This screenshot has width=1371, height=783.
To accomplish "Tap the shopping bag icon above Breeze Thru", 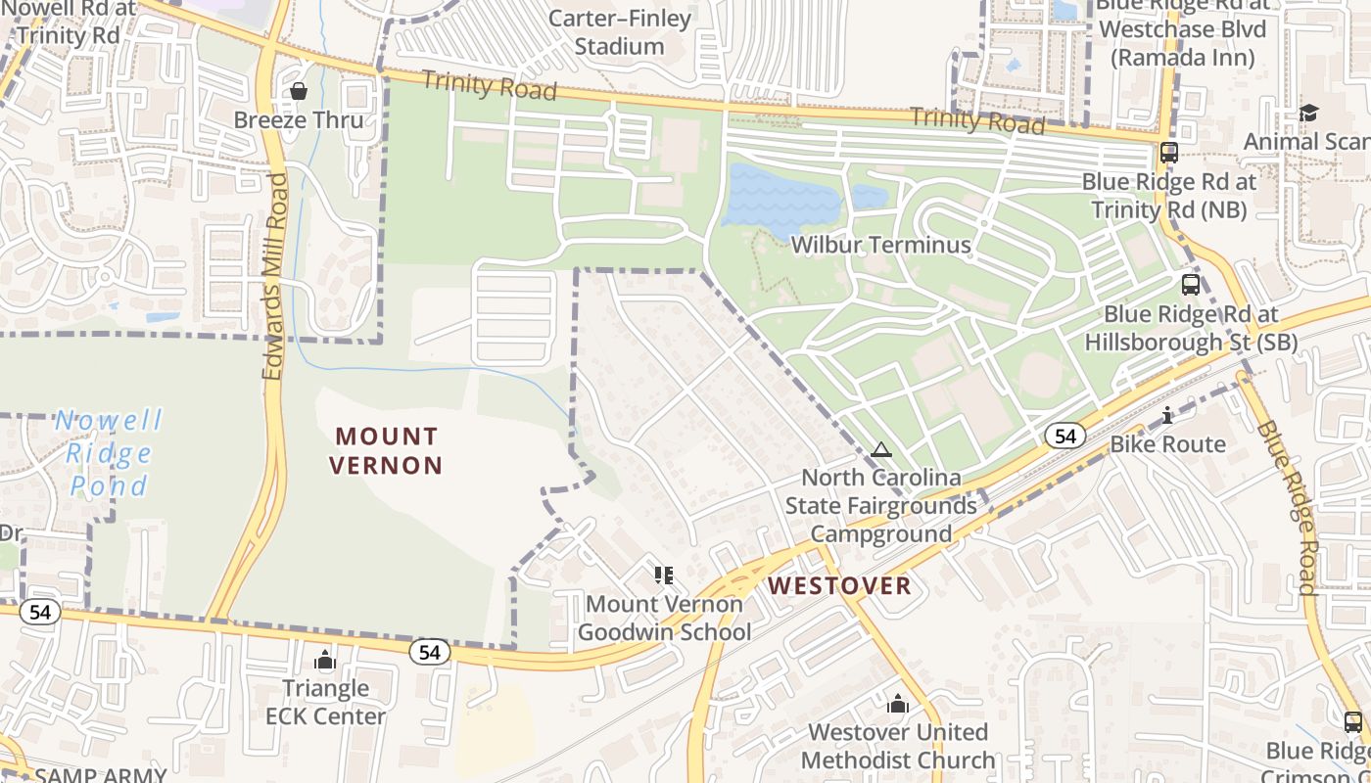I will coord(299,91).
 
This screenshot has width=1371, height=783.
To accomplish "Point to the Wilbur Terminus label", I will coord(880,245).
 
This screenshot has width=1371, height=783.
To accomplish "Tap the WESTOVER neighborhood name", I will coord(839,586).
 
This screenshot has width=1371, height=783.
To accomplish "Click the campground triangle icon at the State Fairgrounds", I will coord(880,450).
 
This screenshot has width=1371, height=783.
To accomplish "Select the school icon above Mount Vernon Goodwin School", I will coord(664,575).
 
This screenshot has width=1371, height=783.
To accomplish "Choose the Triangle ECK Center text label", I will coord(325,702).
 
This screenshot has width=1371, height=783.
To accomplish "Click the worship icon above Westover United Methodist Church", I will coord(897,704).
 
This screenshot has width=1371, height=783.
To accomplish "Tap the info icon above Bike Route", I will coord(1166,416).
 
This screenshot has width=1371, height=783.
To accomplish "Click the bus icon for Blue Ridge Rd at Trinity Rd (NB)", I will coord(1168,153).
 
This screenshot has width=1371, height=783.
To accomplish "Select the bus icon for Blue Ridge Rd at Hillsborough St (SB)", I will coord(1190,285).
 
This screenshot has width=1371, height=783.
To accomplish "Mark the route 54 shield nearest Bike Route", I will coord(1065,436).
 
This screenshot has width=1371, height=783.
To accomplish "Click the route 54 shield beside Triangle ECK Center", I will coord(430,652).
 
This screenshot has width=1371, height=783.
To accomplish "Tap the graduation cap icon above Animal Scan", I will coord(1308,113).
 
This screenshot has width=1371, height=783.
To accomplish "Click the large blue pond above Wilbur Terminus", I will coord(780,199).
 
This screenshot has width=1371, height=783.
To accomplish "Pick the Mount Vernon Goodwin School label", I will coord(664,618).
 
